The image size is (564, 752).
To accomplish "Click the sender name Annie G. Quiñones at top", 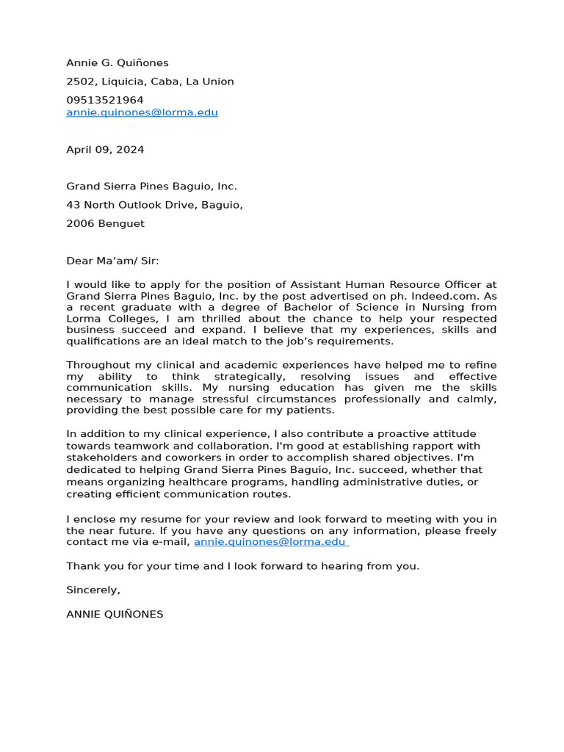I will [x=117, y=63].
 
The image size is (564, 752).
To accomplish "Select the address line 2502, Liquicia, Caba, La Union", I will [x=150, y=82].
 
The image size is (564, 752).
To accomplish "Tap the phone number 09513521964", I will [x=105, y=100].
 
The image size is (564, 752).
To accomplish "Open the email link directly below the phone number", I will [x=142, y=112].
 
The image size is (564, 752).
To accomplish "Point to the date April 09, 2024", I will [x=105, y=150].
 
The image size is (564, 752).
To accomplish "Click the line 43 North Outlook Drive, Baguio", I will [x=154, y=205].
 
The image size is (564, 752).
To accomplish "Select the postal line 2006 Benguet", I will [x=105, y=223].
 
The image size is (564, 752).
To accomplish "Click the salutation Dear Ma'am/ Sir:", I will [x=112, y=261].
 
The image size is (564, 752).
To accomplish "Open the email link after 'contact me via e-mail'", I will [x=270, y=542].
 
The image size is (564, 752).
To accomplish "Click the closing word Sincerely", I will [x=92, y=590].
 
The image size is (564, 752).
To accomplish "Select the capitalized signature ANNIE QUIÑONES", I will [x=115, y=614].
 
